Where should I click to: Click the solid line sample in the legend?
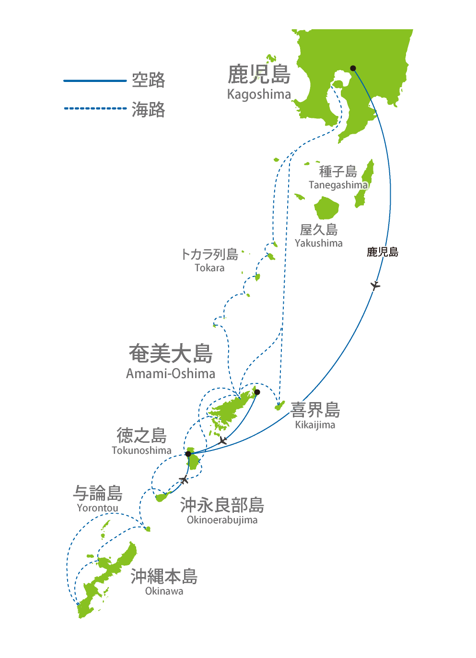tap(95, 81)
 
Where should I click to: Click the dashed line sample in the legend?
tap(95, 108)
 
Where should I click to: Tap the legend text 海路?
tap(149, 109)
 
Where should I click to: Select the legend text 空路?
tap(149, 80)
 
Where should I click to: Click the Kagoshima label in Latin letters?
tap(259, 94)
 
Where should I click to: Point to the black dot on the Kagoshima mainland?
tap(353, 69)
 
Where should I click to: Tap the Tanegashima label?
tap(338, 185)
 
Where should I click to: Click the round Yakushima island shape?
tap(326, 208)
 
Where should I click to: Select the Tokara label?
tap(209, 267)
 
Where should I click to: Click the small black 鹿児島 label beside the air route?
tap(383, 252)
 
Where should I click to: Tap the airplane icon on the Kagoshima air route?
tap(375, 285)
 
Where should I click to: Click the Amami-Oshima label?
tap(171, 374)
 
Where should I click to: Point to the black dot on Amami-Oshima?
tap(257, 392)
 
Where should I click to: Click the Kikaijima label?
tap(315, 425)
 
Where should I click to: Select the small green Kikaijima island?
tap(279, 405)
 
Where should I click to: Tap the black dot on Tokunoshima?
tap(188, 454)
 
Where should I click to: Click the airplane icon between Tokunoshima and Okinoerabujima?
tap(184, 480)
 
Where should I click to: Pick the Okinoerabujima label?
tap(222, 520)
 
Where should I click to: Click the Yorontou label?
tap(98, 508)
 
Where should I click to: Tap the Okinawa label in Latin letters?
tap(164, 591)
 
